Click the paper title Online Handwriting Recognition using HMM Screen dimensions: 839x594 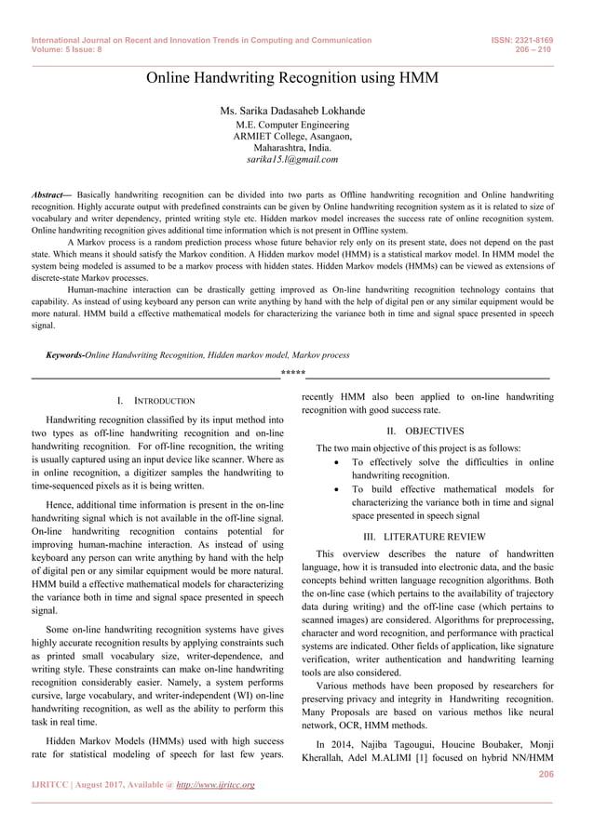291,78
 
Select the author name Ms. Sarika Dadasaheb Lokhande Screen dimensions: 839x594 291,111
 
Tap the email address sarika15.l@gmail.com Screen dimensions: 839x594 291,159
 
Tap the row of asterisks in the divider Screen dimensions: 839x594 292,375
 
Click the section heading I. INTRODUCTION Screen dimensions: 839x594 155,401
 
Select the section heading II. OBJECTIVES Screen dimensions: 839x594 426,431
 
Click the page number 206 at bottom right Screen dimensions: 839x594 546,772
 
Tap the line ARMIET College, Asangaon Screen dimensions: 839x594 291,136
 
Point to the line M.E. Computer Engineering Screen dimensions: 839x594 291,125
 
